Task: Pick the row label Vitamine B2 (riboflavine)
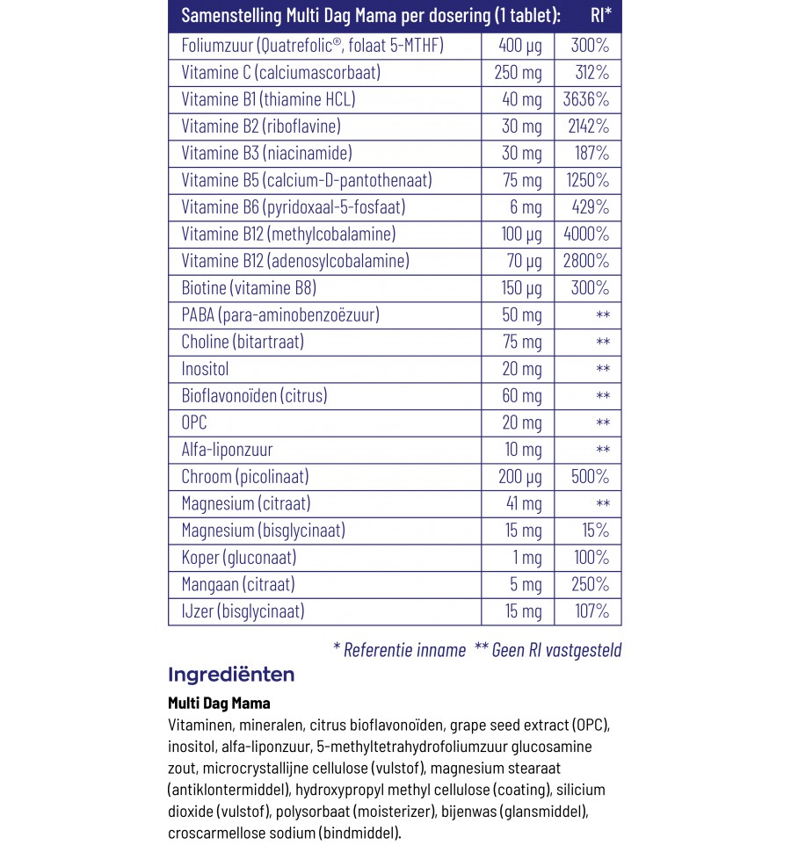[x=260, y=126]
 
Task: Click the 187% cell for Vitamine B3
[x=590, y=153]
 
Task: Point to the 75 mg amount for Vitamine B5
[x=521, y=180]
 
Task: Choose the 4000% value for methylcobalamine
[x=585, y=234]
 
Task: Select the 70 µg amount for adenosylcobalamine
[x=521, y=261]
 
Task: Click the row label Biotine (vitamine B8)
[x=248, y=288]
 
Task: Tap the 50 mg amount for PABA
[x=521, y=314]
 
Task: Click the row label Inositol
[x=205, y=369]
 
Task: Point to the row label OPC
[x=194, y=422]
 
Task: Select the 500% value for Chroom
[x=589, y=477]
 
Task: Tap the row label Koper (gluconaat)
[x=238, y=558]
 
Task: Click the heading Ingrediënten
[x=230, y=675]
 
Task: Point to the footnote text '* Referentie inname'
[x=399, y=650]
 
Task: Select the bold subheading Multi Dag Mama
[x=219, y=704]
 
